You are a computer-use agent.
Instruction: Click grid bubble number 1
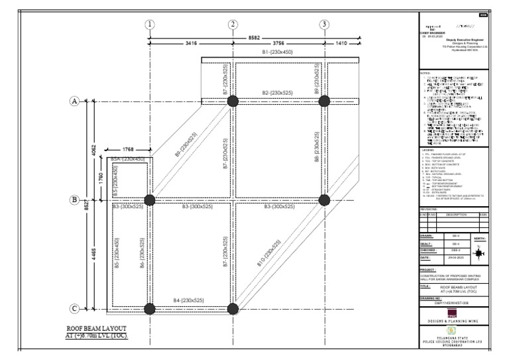tap(150, 25)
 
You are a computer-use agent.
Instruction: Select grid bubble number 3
tap(324, 25)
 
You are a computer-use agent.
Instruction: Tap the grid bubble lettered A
tap(75, 101)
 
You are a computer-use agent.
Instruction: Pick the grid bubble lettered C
tap(75, 308)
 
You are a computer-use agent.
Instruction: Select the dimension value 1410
tap(341, 43)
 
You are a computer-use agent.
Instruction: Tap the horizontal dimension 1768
tap(130, 149)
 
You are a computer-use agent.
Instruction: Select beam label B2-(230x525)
tap(278, 92)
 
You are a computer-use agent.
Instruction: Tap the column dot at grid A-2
tap(233, 101)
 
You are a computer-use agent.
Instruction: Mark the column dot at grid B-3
tap(324, 200)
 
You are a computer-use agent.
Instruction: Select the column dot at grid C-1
tap(150, 308)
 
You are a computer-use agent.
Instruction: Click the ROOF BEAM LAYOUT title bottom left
tap(97, 332)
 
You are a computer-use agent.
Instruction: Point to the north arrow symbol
tap(480, 253)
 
